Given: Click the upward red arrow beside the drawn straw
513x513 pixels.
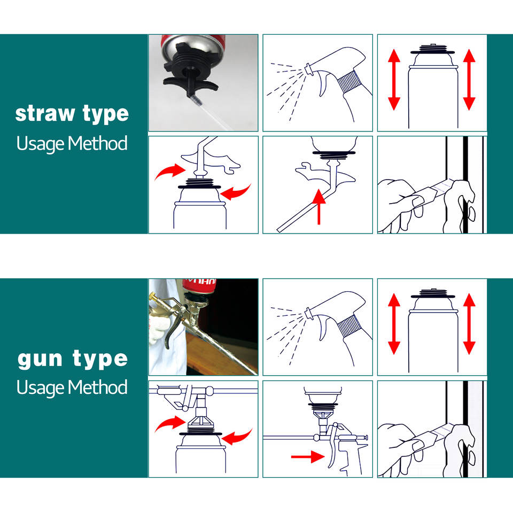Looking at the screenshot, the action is [319, 206].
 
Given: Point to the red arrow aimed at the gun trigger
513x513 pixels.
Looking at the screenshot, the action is [308, 457].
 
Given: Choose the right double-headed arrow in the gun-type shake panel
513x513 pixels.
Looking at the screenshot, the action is [469, 324].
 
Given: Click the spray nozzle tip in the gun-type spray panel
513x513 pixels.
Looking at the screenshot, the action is [308, 312].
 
